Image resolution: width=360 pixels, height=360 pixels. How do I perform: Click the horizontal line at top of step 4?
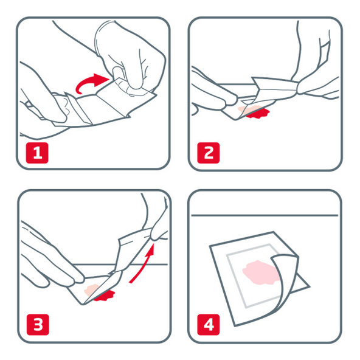click(x=265, y=215)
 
